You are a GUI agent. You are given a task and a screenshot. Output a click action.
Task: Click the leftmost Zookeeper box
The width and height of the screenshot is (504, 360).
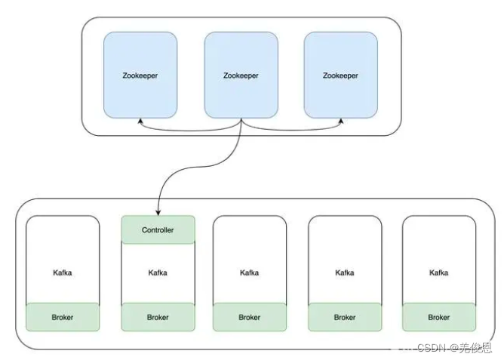[x=140, y=75]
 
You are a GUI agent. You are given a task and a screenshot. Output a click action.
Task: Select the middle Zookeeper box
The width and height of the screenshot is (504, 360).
[x=241, y=75]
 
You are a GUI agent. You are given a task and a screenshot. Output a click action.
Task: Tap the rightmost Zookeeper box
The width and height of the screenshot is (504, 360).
[x=340, y=75]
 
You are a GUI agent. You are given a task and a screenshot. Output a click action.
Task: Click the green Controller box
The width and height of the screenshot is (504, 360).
[x=158, y=229]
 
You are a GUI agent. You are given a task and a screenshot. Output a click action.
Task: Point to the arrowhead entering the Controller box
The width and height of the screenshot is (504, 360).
[x=158, y=212]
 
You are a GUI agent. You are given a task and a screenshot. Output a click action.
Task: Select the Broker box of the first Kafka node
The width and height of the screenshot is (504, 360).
[x=63, y=317]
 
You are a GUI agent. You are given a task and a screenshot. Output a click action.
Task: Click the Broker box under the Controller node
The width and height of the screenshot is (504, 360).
[x=158, y=317]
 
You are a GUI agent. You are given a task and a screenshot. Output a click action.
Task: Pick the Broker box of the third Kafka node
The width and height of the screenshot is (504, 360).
[x=250, y=317]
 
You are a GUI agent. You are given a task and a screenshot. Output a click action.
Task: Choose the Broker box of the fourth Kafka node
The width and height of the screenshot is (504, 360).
[x=345, y=317]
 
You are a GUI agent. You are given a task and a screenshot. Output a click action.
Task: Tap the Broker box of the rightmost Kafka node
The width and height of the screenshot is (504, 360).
[x=439, y=317]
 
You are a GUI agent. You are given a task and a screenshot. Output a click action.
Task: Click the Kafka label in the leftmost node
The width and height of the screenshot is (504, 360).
[x=63, y=272]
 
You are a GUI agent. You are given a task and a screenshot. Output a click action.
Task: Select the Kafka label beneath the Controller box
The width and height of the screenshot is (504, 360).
[x=158, y=272]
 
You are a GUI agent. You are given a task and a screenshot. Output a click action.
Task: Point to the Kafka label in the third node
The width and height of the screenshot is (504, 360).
[x=250, y=272]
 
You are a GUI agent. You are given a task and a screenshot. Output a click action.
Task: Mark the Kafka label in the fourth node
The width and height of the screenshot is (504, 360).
[x=345, y=272]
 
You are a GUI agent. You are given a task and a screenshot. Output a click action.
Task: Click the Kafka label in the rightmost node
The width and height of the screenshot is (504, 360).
[x=439, y=272]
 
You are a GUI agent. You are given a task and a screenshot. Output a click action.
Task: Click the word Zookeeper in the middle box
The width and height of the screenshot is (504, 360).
[x=241, y=75]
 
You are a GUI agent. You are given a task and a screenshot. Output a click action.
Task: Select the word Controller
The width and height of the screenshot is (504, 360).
[x=158, y=229]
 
